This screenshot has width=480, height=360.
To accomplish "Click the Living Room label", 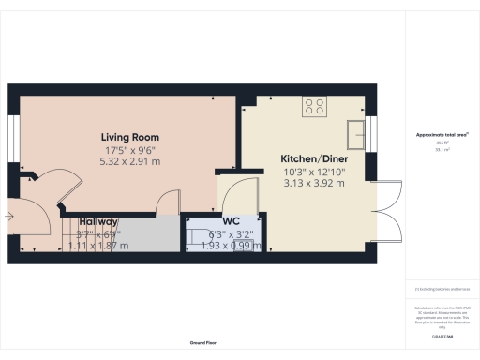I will (x=127, y=137).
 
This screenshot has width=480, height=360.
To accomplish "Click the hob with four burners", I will (x=314, y=108).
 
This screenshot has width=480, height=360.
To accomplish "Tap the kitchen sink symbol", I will (x=355, y=134).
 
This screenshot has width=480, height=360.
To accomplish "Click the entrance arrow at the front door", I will (x=8, y=216).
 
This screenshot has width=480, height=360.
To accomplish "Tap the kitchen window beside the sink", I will (x=371, y=134).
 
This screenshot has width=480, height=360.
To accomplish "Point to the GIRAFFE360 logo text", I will (x=442, y=335).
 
